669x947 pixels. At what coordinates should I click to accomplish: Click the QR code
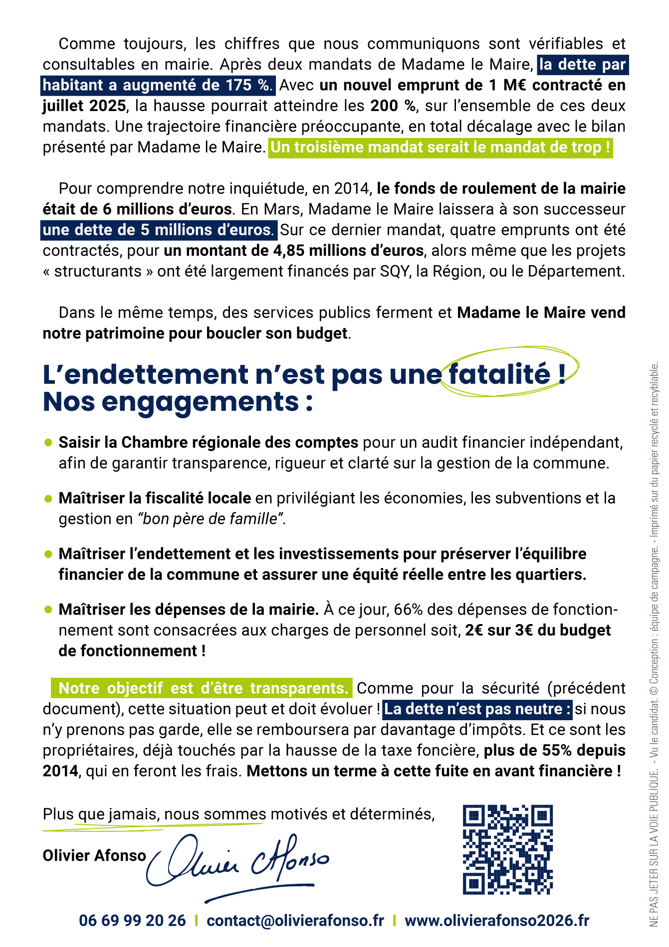[x=508, y=849]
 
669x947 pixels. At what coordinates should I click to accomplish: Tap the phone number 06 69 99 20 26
[x=132, y=920]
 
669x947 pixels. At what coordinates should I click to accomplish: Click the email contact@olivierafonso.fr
[x=295, y=920]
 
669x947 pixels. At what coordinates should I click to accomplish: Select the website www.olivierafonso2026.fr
[x=497, y=920]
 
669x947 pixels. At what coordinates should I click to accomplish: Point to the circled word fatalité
[x=500, y=374]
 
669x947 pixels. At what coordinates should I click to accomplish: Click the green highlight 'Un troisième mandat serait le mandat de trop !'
[x=440, y=148]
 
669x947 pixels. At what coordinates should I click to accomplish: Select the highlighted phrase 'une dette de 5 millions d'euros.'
[x=159, y=230]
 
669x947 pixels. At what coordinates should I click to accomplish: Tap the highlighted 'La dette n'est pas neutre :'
[x=478, y=709]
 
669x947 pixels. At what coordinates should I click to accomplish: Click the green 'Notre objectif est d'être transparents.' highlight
[x=203, y=688]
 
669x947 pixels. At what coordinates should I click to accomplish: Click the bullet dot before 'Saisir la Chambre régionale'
[x=48, y=442]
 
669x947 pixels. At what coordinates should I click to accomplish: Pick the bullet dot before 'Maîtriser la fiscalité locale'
[x=48, y=498]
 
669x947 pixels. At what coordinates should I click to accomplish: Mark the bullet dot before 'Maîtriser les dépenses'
[x=48, y=609]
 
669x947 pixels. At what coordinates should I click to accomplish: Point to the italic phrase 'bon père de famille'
[x=210, y=519]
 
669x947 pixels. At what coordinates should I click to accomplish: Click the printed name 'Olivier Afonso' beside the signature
[x=94, y=855]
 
